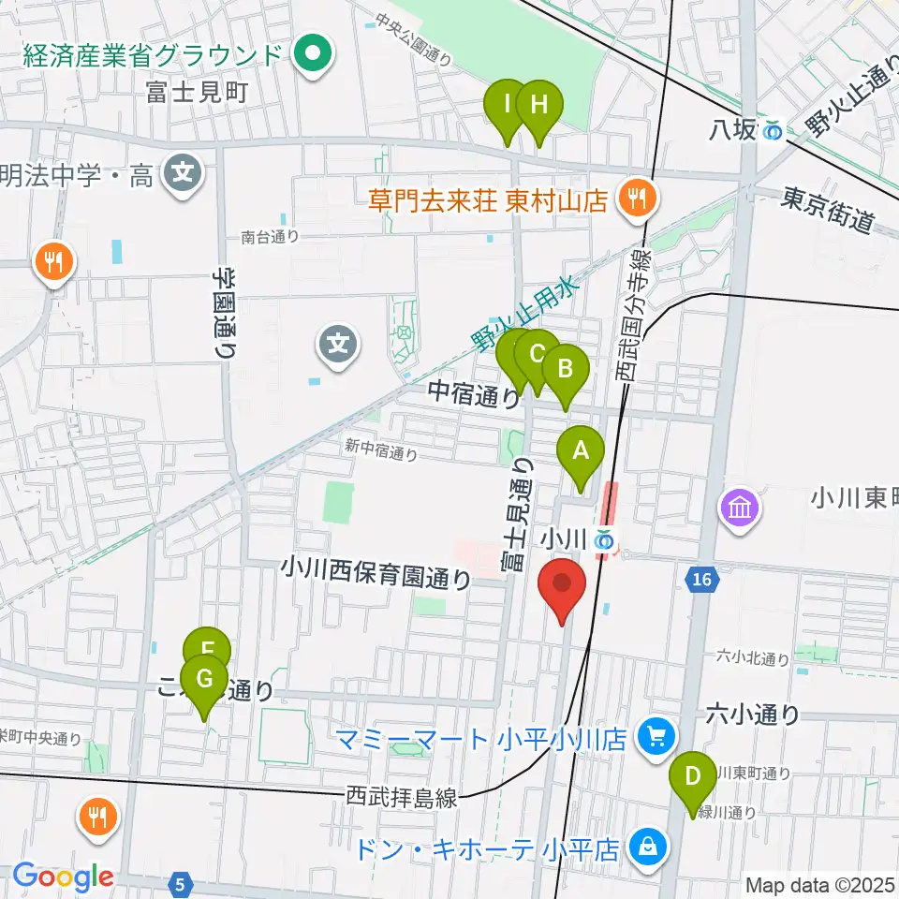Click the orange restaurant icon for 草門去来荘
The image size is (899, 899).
[x=640, y=198]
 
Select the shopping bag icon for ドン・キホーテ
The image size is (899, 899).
[x=646, y=849]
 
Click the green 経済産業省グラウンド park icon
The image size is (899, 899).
[x=309, y=53]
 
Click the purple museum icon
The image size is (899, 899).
[x=739, y=509]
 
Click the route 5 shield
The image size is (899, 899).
[x=182, y=881]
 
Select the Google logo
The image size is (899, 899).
[x=63, y=877]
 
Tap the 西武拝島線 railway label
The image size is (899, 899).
[x=402, y=798]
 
